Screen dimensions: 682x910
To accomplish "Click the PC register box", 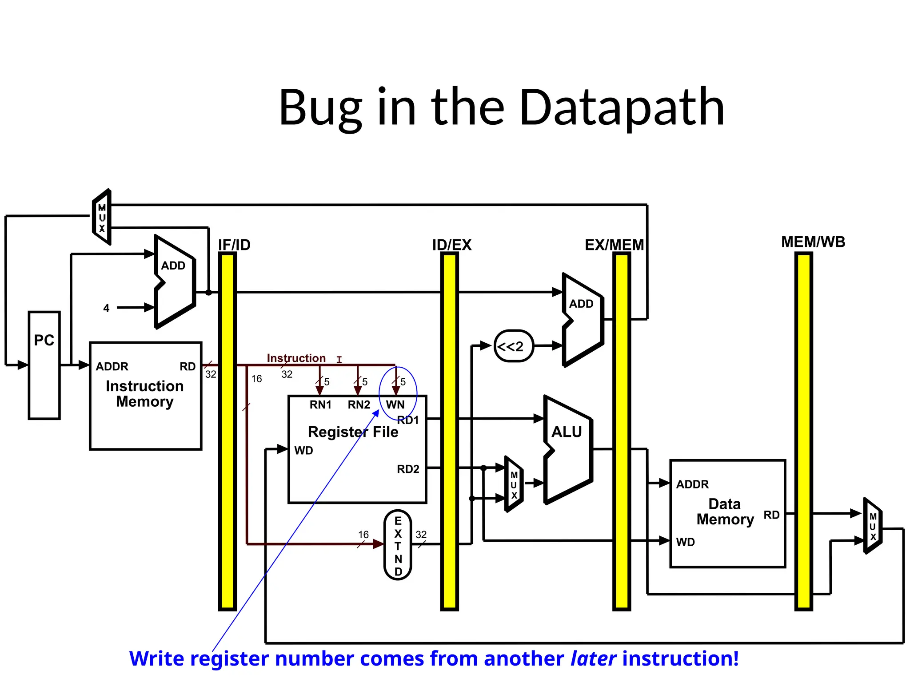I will point(44,365).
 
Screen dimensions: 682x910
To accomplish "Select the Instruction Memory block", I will point(145,396).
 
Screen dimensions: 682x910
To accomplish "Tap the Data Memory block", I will point(727,513).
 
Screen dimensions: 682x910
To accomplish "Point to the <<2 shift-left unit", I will point(514,346).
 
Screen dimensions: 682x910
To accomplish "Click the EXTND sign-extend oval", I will point(398,545).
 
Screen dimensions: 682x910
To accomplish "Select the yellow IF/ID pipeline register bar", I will point(227,431).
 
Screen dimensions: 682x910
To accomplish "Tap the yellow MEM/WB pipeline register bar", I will point(803,431).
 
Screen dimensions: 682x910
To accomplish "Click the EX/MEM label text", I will point(614,245).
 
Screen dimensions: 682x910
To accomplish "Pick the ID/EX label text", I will point(451,245).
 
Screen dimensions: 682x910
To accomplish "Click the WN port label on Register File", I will point(395,404).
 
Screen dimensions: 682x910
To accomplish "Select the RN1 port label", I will point(320,404).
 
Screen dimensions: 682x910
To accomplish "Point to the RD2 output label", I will point(408,469).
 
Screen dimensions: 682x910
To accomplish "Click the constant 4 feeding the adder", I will point(106,308).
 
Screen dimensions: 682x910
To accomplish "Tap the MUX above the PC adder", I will point(102,218).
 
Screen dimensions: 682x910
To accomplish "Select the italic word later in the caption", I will point(593,658).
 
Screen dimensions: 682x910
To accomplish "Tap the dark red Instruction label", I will point(296,358).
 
